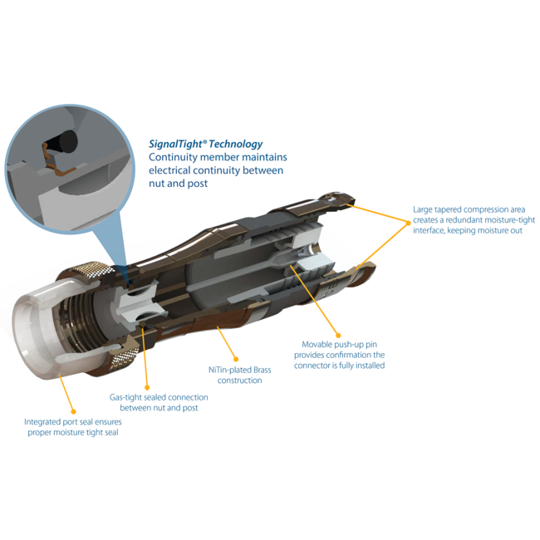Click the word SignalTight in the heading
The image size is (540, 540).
pos(175,145)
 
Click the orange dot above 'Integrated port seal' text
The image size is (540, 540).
pos(73,411)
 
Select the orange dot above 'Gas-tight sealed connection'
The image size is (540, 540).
pos(147,388)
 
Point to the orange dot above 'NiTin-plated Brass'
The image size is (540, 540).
pos(236,359)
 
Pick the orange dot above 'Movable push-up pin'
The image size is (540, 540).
pos(338,336)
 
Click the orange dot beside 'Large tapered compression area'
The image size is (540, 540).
pos(409,223)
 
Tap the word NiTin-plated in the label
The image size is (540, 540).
pos(229,371)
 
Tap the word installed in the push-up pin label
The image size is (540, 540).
pos(370,366)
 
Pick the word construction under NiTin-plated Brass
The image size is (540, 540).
pos(240,380)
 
